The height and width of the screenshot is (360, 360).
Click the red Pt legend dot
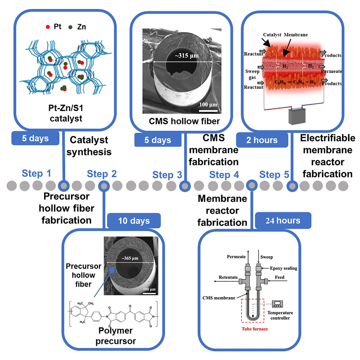coord(48,27)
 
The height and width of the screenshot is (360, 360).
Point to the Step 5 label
coord(274,175)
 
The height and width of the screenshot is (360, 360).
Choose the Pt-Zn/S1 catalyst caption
coord(65,113)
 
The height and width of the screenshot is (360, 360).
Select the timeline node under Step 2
coord(104,186)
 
